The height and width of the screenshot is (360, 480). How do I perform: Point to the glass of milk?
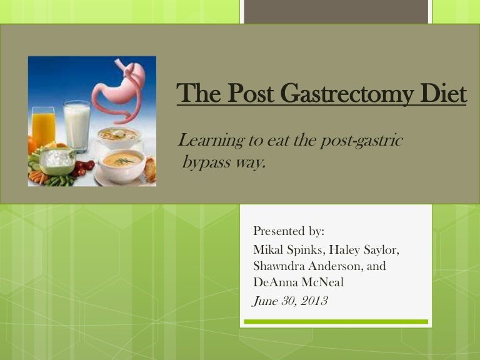click(77, 126)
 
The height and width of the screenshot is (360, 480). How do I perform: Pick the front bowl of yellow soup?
click(121, 164)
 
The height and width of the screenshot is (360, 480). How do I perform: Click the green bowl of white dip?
click(57, 161)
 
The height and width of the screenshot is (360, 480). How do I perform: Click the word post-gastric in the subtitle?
click(362, 141)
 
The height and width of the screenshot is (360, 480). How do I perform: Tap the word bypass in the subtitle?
click(206, 164)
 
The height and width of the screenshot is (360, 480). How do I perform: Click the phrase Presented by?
click(289, 231)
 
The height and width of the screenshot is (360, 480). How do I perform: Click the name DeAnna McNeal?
click(298, 282)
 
